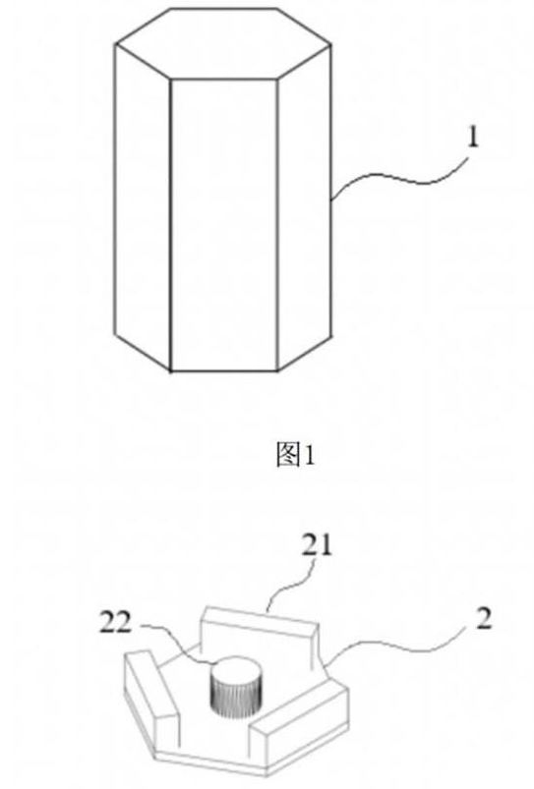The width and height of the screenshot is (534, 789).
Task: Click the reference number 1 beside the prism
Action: pos(473,137)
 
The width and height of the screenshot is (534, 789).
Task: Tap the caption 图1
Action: pos(296,454)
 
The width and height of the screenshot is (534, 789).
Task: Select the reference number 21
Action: pos(318,545)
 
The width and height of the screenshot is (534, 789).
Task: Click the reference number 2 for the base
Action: pos(483,619)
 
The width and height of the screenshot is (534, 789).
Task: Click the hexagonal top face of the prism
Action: pos(222,43)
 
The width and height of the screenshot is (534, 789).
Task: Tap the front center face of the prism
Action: pos(224,225)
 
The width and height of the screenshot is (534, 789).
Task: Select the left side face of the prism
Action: pos(143,206)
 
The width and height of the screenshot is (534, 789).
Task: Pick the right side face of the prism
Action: pos(304,206)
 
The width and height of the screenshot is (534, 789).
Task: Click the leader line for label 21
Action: pos(292,584)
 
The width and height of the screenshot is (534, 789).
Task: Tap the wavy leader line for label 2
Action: pos(398,647)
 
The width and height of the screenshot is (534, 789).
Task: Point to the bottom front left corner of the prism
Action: pos(171,371)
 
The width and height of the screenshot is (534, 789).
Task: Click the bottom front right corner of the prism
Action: pos(277,371)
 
